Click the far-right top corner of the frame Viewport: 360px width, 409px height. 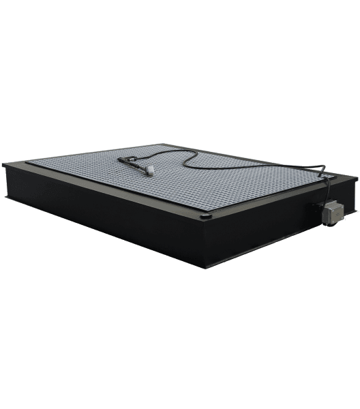point(356,179)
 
